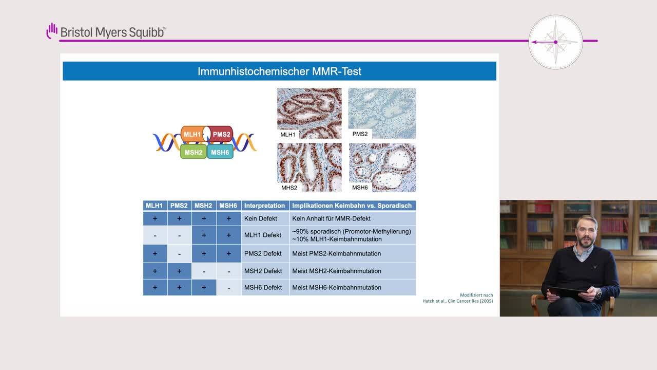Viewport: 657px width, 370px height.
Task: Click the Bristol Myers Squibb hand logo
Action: pos(52,31)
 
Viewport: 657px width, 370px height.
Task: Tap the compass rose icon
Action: pos(555,42)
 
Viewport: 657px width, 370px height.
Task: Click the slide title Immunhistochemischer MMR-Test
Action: pos(279,71)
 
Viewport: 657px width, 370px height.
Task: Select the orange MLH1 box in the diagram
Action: pos(192,134)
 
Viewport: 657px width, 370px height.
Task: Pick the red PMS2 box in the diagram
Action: pos(221,134)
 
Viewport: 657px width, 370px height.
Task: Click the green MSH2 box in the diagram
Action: pos(194,152)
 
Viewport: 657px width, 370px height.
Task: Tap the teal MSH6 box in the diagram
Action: pos(220,152)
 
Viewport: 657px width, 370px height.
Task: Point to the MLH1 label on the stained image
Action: pos(288,135)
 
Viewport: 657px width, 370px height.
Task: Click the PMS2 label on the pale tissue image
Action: pos(360,134)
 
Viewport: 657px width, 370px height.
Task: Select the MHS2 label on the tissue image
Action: pos(289,188)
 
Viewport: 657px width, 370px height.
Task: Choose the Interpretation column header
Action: pos(264,206)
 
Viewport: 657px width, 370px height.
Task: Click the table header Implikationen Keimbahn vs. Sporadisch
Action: pos(352,206)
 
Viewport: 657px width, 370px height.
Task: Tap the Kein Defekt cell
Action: pos(260,218)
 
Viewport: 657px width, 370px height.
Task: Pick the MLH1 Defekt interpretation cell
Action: pos(262,235)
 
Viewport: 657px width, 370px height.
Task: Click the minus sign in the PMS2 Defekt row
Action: pos(179,254)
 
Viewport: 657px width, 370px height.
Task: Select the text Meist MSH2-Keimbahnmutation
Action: pos(337,271)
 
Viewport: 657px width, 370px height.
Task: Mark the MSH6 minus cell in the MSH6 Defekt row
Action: pos(229,288)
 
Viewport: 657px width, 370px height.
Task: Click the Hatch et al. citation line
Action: pos(457,301)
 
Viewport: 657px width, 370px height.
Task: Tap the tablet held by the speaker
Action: pos(568,293)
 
